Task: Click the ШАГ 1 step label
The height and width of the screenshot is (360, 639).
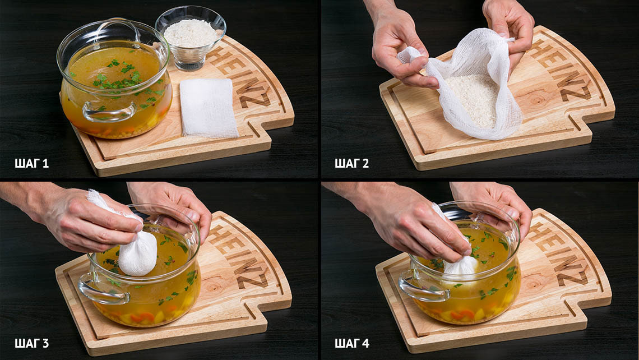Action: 31,164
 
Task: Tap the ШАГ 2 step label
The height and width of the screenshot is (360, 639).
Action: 351,164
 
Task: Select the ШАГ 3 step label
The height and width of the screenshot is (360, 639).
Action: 32,343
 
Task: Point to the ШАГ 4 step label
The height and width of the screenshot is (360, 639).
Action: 352,343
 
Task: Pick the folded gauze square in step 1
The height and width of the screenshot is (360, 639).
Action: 209,108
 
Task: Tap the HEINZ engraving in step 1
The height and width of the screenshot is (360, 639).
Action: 240,77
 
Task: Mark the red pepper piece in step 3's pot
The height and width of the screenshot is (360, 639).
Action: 142,317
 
